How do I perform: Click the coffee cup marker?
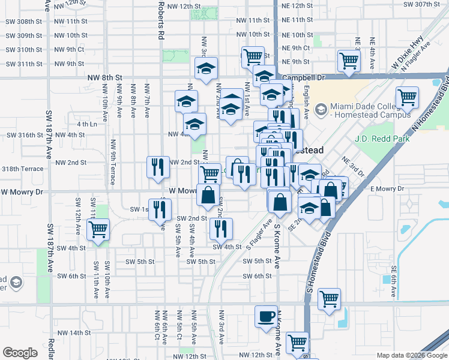tap(266, 316)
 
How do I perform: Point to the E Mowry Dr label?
tap(388, 189)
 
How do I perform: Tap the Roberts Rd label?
tap(161, 20)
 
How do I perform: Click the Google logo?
tap(20, 353)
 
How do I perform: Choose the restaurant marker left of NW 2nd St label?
tap(157, 167)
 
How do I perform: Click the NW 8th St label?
tap(104, 78)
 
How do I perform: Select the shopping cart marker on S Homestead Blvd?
tap(330, 298)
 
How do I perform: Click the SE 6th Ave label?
tap(394, 282)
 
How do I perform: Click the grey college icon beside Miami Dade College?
tap(322, 109)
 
